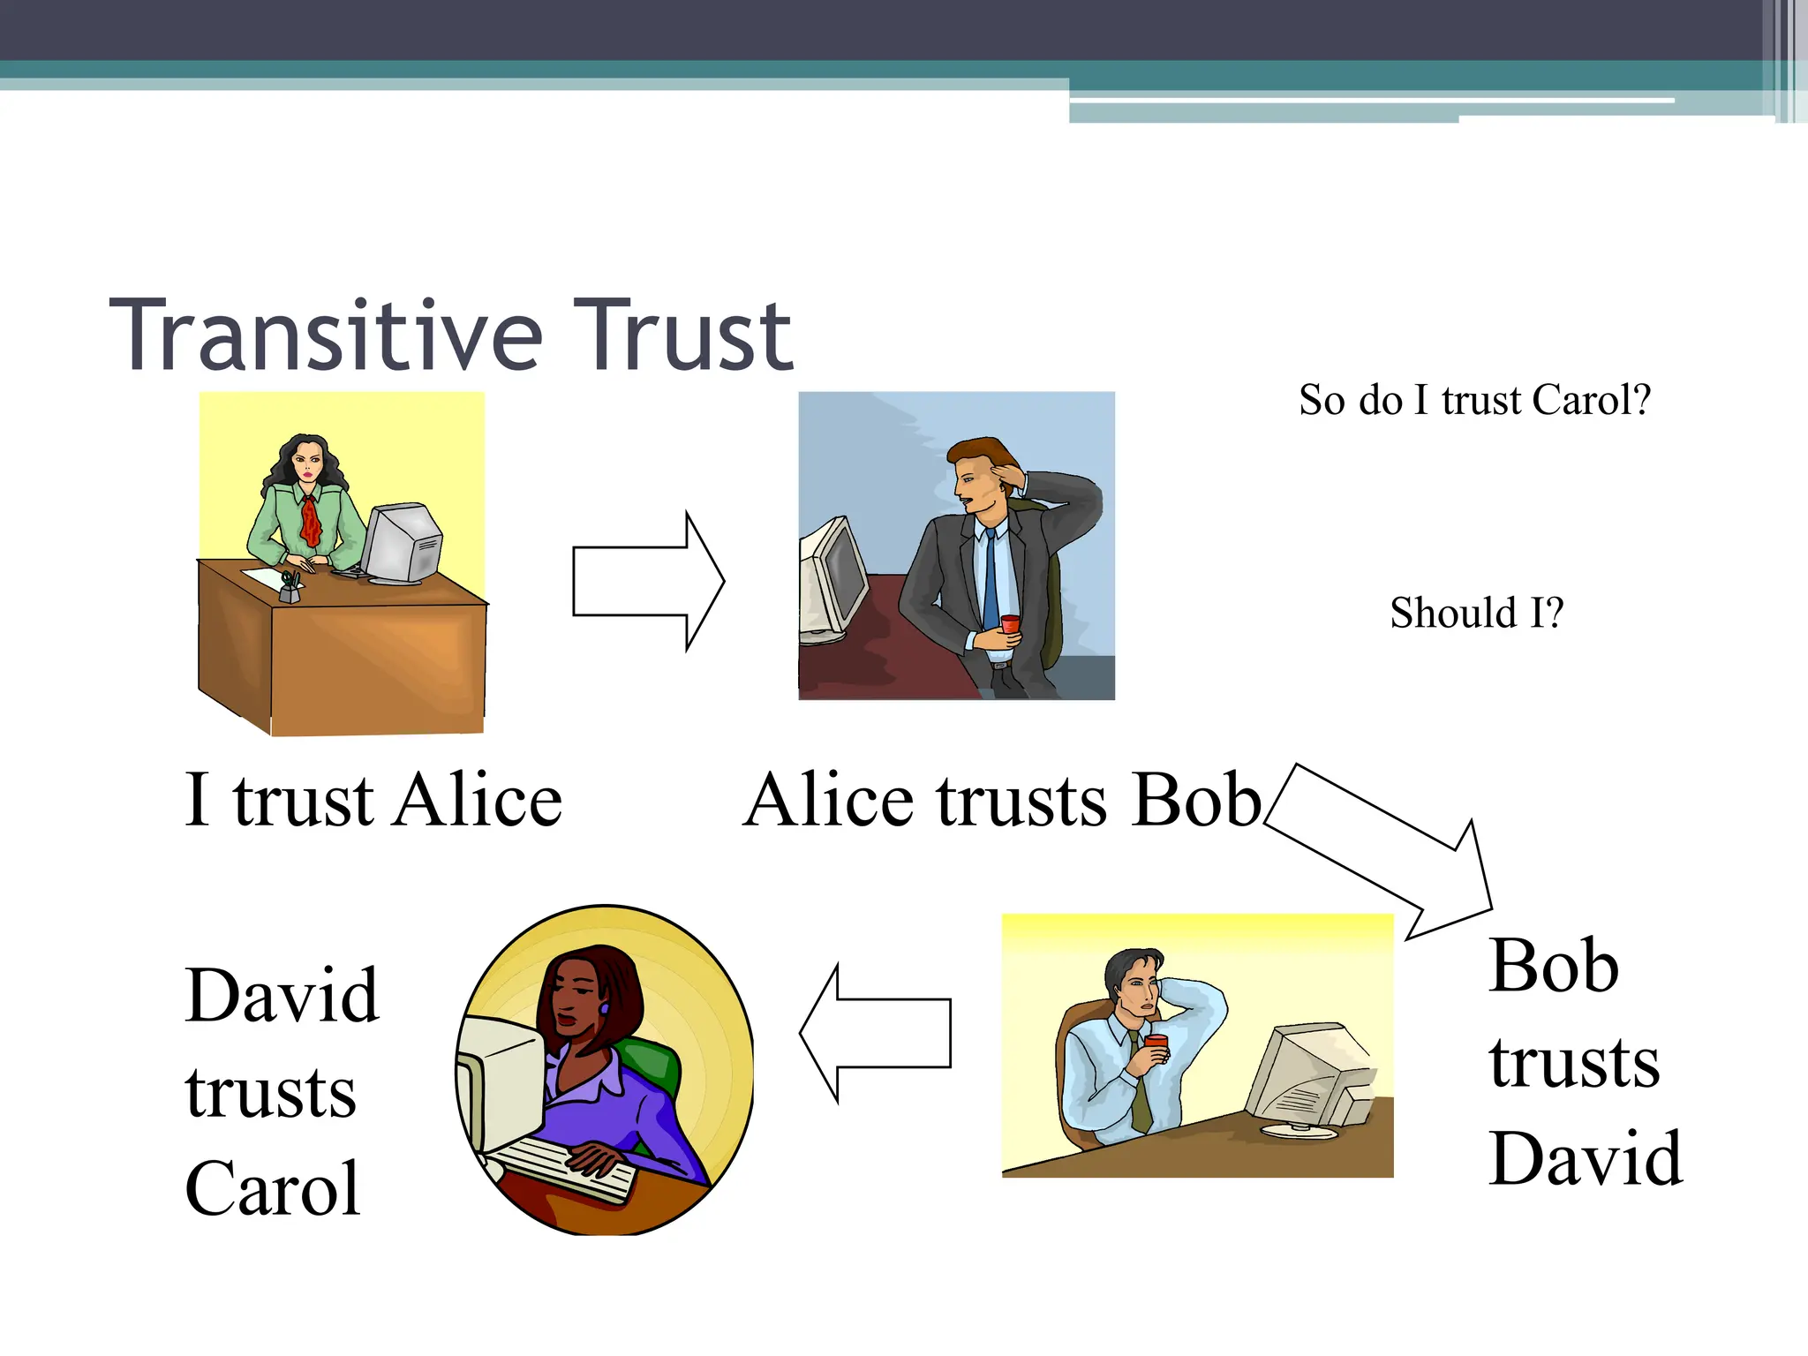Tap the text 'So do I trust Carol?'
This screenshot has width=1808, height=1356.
coord(1474,400)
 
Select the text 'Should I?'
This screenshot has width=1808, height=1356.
coord(1476,613)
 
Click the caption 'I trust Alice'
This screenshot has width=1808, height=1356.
coord(373,800)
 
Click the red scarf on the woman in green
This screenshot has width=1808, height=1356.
coord(310,521)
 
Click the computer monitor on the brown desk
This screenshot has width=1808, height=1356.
coord(402,543)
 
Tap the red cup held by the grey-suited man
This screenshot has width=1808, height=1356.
coord(1010,625)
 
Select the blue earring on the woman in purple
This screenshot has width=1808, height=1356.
coord(605,1008)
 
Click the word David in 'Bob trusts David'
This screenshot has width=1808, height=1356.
coord(1586,1158)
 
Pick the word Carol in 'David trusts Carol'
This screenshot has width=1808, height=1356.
coord(272,1188)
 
